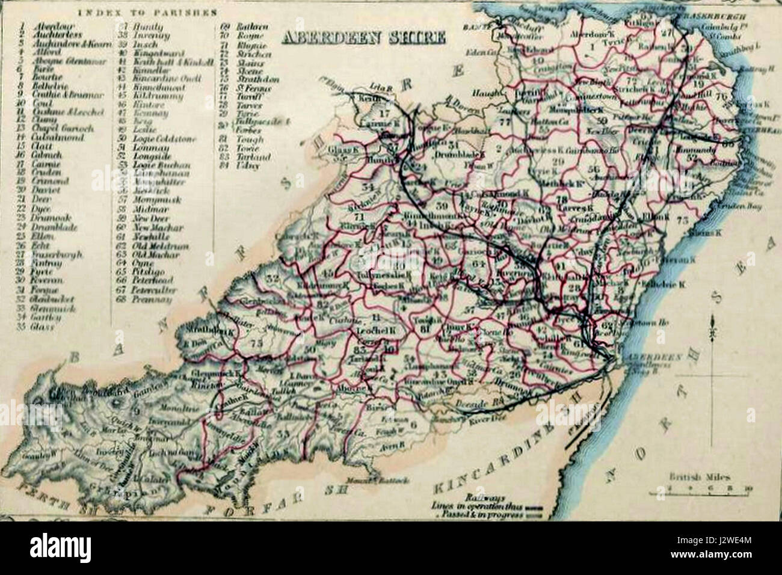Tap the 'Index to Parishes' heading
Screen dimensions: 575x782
(147, 11)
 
